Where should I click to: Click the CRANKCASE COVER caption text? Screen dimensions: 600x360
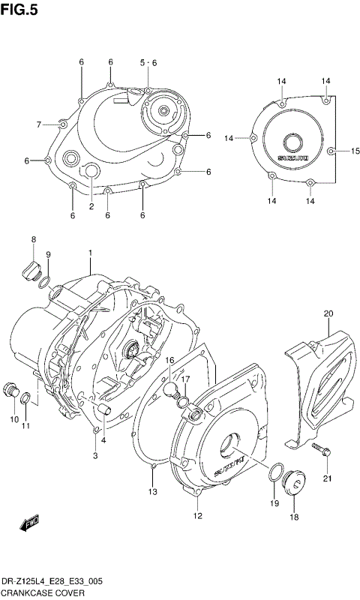pyautogui.click(x=42, y=592)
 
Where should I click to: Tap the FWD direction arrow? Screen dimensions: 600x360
pyautogui.click(x=30, y=524)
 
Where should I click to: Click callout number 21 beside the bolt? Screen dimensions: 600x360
pyautogui.click(x=327, y=479)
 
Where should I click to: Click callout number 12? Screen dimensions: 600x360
pyautogui.click(x=197, y=515)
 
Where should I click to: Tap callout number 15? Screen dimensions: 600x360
pyautogui.click(x=355, y=151)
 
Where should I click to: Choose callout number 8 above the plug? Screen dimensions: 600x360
pyautogui.click(x=34, y=239)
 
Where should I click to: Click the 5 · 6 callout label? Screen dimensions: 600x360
pyautogui.click(x=148, y=62)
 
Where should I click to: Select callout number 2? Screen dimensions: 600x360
pyautogui.click(x=91, y=206)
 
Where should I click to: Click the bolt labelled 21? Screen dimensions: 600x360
pyautogui.click(x=321, y=451)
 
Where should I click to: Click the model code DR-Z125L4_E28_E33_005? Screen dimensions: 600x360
pyautogui.click(x=53, y=581)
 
